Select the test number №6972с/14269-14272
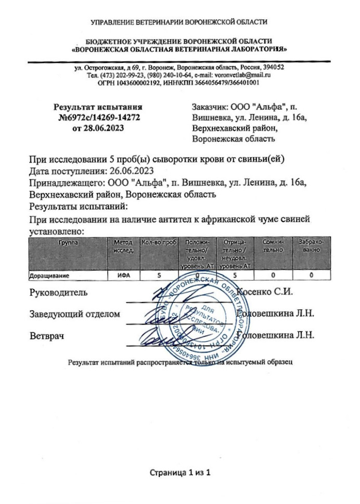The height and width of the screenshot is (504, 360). pos(99,118)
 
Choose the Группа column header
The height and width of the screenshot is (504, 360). pos(66,243)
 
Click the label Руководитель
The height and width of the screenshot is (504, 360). pos(59,292)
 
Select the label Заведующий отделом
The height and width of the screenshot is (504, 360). pos(75,314)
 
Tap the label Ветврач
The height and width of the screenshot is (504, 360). pos(47,336)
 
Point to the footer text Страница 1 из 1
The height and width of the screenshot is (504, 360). pos(180,473)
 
